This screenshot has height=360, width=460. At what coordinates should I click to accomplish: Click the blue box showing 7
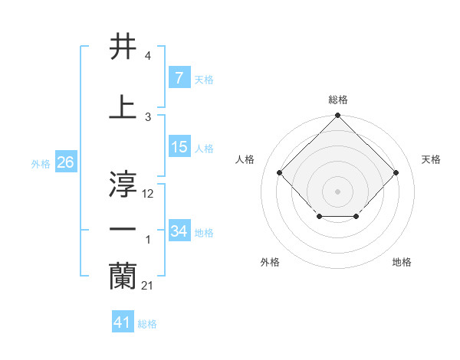pyautogui.click(x=179, y=78)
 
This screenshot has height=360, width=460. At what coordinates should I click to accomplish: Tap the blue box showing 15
pyautogui.click(x=179, y=147)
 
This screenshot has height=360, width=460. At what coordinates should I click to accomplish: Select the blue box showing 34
pyautogui.click(x=179, y=231)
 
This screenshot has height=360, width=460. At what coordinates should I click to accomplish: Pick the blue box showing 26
pyautogui.click(x=65, y=162)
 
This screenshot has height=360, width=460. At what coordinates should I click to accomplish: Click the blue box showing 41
pyautogui.click(x=123, y=322)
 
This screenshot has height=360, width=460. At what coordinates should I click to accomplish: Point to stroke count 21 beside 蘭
pyautogui.click(x=147, y=286)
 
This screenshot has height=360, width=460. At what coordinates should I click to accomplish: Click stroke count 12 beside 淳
pyautogui.click(x=148, y=194)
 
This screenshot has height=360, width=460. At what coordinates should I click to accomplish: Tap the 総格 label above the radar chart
pyautogui.click(x=337, y=100)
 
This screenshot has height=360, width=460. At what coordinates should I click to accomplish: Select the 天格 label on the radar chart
pyautogui.click(x=431, y=159)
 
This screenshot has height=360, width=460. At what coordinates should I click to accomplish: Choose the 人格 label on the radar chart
pyautogui.click(x=245, y=159)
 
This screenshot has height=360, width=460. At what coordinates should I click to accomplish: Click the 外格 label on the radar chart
pyautogui.click(x=270, y=262)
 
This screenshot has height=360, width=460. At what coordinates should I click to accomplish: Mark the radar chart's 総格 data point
pyautogui.click(x=337, y=116)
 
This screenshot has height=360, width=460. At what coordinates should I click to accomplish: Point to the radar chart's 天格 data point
pyautogui.click(x=396, y=172)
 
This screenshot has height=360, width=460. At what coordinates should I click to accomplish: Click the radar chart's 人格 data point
pyautogui.click(x=279, y=172)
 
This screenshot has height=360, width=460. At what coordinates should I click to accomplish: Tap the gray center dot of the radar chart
pyautogui.click(x=337, y=191)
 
